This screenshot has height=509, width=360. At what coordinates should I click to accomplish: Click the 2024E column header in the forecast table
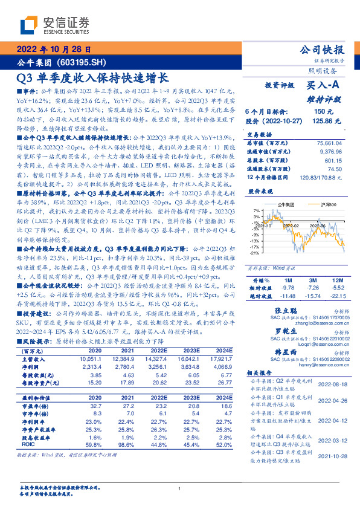click(225, 350)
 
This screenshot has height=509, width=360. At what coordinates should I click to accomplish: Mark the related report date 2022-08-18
click(331, 383)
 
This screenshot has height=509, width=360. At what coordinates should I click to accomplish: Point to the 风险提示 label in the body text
click(34, 340)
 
